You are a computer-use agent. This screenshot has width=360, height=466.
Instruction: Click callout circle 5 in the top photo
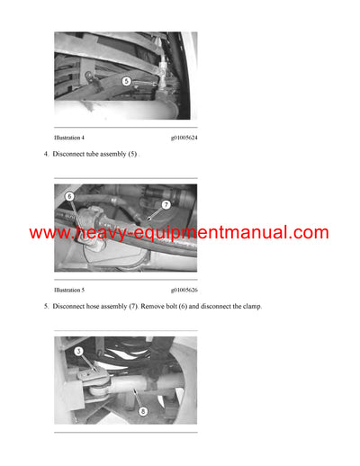pos(126,81)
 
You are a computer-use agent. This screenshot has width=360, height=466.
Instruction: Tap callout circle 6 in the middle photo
pos(69,196)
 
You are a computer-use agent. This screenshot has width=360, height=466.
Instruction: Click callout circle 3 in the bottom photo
pos(79,352)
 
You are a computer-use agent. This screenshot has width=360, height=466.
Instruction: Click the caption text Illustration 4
pos(69,139)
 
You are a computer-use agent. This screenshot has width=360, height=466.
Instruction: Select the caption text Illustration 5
pos(69,291)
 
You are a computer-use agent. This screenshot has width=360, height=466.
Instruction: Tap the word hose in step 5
pos(103,307)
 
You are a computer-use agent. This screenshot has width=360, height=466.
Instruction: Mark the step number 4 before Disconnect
pos(46,155)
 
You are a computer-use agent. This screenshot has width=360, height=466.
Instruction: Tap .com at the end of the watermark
pos(308,234)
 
